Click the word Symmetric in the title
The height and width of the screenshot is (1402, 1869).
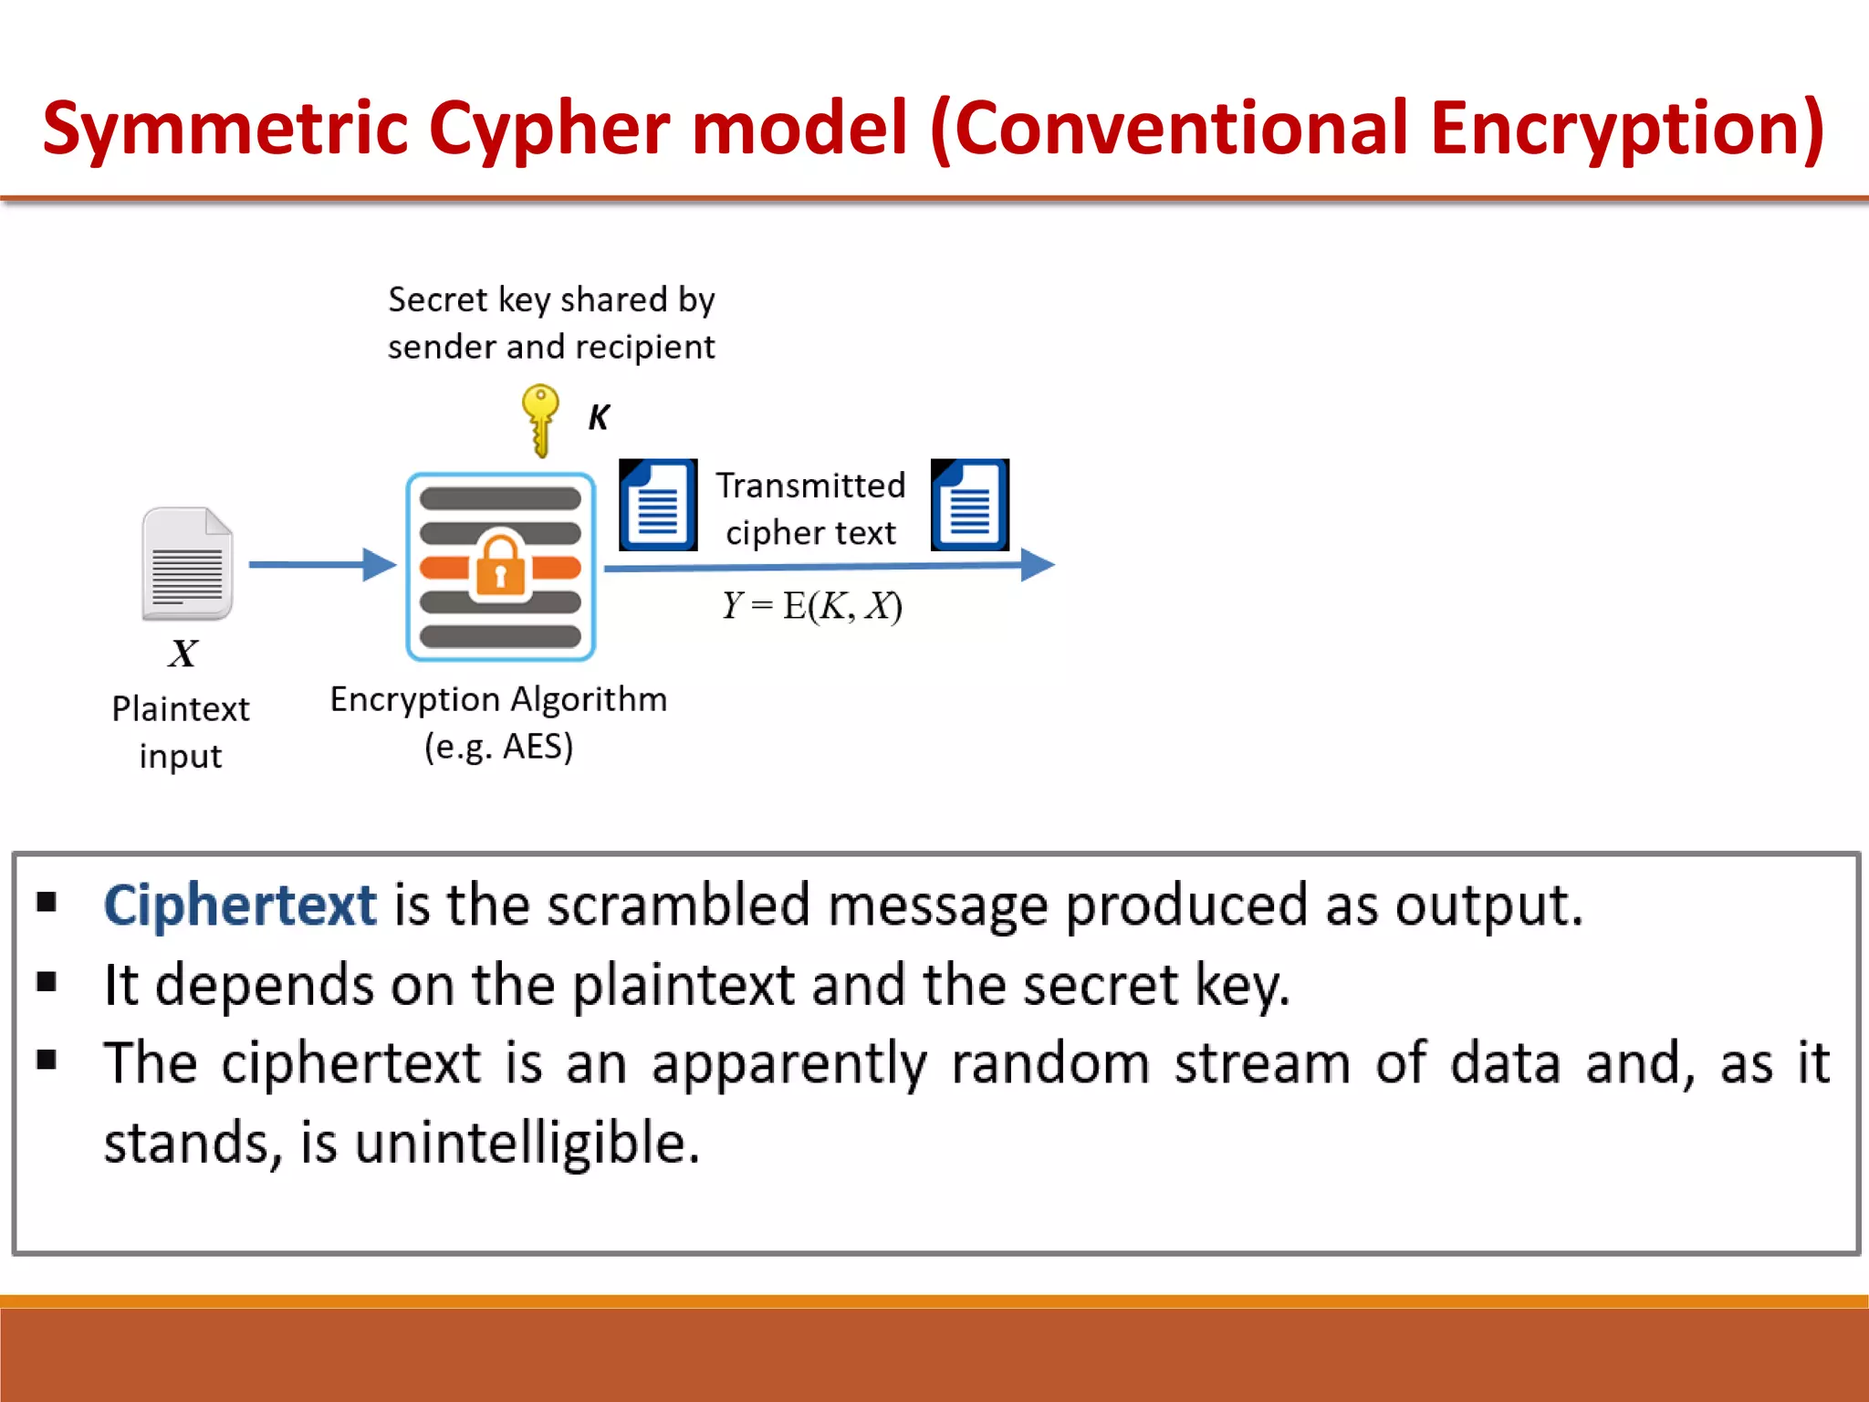pos(225,129)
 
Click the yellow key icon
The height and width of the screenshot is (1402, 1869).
pos(540,419)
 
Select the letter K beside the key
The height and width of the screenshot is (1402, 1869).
pos(599,417)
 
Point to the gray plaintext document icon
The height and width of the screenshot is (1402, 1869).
pos(187,564)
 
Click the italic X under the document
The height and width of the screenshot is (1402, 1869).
pos(183,654)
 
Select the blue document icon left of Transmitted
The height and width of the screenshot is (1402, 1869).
pos(658,505)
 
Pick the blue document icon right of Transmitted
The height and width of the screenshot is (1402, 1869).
pos(970,505)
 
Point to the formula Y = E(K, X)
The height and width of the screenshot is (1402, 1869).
pos(811,605)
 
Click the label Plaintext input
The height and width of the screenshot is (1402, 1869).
pos(181,732)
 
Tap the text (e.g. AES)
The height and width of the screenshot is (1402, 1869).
pos(498,747)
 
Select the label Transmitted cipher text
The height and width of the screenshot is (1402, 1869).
pos(810,509)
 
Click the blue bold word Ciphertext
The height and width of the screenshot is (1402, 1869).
pos(239,905)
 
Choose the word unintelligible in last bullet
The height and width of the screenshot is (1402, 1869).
pos(527,1143)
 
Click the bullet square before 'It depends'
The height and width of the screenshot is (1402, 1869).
pos(47,982)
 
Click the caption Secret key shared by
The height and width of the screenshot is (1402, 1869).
pos(551,299)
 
